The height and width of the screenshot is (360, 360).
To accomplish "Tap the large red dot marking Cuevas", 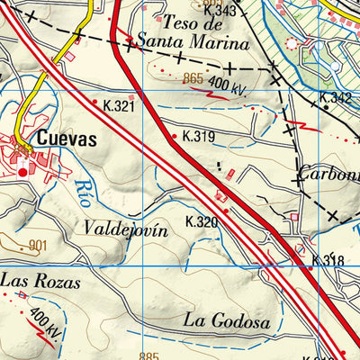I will (x=22, y=171).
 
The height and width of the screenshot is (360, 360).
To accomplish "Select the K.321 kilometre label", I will (x=120, y=106).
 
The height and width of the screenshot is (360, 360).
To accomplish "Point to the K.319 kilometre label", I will (x=199, y=137).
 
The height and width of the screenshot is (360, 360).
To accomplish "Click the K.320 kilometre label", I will (x=202, y=221).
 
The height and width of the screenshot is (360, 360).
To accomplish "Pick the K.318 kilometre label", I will (x=327, y=261).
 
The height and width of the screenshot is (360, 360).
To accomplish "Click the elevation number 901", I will (x=37, y=245).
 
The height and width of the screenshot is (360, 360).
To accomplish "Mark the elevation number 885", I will (x=149, y=355).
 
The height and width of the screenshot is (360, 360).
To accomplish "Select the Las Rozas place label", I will (x=40, y=281).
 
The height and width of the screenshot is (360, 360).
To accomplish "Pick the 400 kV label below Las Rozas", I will (x=43, y=322).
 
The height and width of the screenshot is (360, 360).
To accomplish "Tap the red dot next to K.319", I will (x=175, y=137).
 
